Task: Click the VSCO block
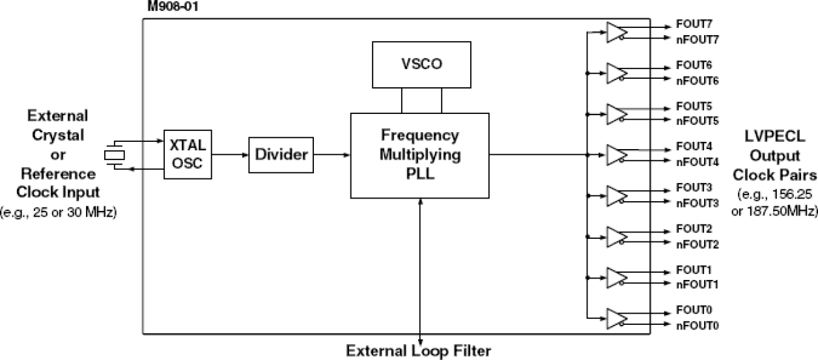coord(421,64)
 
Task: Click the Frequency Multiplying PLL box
coord(420,155)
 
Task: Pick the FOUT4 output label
coord(689,147)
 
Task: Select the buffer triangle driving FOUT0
coord(616,318)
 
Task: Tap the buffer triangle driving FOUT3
coord(616,195)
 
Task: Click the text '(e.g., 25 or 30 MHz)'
coord(59,212)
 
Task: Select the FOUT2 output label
coord(689,230)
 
